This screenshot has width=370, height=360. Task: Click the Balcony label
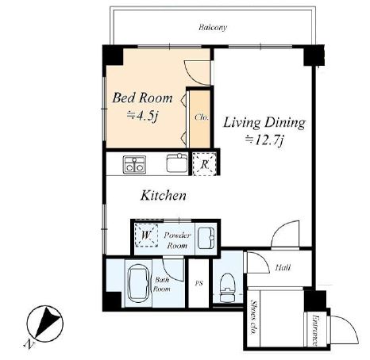tap(213, 28)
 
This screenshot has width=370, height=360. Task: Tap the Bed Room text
tap(142, 98)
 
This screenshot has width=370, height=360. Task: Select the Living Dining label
tap(264, 123)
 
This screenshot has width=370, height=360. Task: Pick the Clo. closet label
tap(202, 117)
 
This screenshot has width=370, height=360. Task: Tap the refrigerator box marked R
tap(204, 164)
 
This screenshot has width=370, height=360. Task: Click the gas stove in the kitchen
tap(134, 165)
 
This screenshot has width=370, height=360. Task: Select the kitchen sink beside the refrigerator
tap(177, 163)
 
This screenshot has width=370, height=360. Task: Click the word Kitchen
tap(164, 196)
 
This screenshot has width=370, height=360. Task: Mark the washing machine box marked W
tap(146, 235)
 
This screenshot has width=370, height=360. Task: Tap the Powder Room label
tap(177, 240)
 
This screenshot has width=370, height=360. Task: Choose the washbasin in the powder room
tap(206, 238)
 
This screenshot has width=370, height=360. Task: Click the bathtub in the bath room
tap(138, 282)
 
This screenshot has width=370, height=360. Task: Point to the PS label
tap(199, 283)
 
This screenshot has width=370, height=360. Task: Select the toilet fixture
tap(228, 288)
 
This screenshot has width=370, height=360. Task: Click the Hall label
tap(283, 267)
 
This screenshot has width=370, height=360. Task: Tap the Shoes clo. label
tap(254, 317)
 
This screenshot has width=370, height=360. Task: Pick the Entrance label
tap(315, 330)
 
